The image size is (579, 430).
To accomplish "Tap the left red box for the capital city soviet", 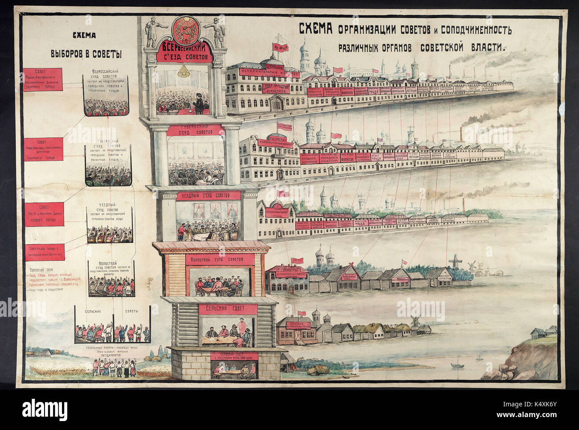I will coord(43,79).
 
